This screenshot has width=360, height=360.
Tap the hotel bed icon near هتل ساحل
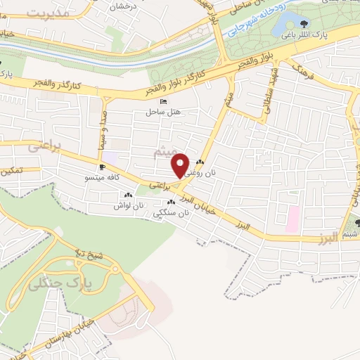click(x=165, y=102)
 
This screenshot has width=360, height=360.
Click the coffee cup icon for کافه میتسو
click(x=103, y=167)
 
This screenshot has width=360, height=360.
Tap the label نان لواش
click(x=130, y=206)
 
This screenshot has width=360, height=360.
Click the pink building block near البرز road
click(x=292, y=219)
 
